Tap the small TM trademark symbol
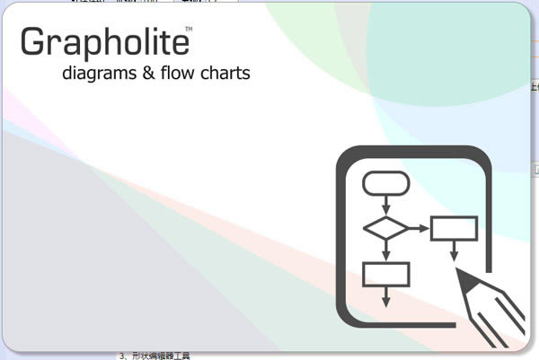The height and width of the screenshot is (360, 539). pos(188,30)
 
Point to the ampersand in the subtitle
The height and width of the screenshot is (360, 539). pos(148,73)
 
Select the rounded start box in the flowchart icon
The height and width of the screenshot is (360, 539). pos(386,184)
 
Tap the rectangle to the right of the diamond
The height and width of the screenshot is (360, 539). pos(453,228)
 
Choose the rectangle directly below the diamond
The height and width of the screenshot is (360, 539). pos(386,273)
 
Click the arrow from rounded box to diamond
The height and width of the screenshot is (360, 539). pos(386,206)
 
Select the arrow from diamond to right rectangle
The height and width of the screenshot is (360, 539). pos(419,228)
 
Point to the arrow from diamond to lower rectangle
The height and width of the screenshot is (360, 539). pos(386,250)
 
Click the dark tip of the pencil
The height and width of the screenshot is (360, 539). pos(463,279)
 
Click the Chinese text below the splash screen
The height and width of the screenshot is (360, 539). pos(155,356)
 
